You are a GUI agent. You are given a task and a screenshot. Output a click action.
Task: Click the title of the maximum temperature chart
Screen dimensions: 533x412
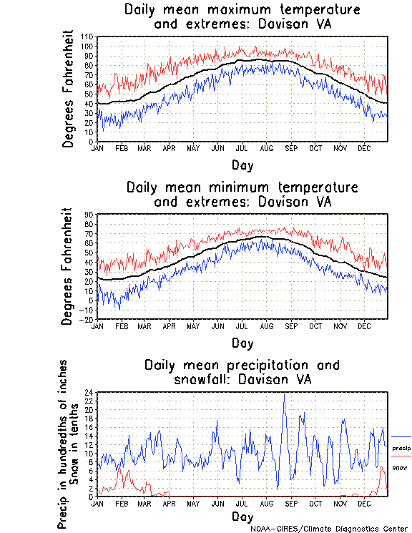click(242, 17)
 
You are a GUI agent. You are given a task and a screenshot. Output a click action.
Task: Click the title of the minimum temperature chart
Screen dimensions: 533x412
click(242, 194)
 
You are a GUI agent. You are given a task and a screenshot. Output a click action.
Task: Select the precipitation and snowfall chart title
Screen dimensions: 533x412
click(242, 371)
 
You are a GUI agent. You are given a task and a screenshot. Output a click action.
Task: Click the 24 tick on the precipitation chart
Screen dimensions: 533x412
click(89, 393)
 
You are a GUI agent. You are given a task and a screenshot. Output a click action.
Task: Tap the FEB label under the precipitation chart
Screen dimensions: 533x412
click(121, 503)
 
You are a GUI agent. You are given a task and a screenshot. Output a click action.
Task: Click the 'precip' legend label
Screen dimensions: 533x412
click(401, 448)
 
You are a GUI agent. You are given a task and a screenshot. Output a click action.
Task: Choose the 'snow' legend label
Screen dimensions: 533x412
click(400, 468)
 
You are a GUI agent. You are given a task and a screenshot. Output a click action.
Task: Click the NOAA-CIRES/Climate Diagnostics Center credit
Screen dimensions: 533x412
click(328, 528)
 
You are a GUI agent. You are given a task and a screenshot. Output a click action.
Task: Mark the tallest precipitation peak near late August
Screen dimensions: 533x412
click(285, 394)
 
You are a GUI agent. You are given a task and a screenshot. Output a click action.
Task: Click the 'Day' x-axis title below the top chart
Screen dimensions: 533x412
click(242, 165)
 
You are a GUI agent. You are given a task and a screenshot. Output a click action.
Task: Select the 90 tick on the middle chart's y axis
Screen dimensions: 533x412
click(89, 214)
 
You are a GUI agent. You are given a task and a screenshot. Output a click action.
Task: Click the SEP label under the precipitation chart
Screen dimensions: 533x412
click(290, 503)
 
